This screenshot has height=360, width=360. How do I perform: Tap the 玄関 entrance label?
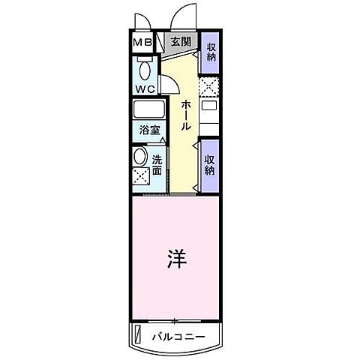(179, 42)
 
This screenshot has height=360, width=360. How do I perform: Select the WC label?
(145, 88)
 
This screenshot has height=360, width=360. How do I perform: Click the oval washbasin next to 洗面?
(140, 157)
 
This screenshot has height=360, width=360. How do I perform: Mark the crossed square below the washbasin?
(140, 178)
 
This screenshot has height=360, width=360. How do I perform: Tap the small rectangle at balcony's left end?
(136, 334)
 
